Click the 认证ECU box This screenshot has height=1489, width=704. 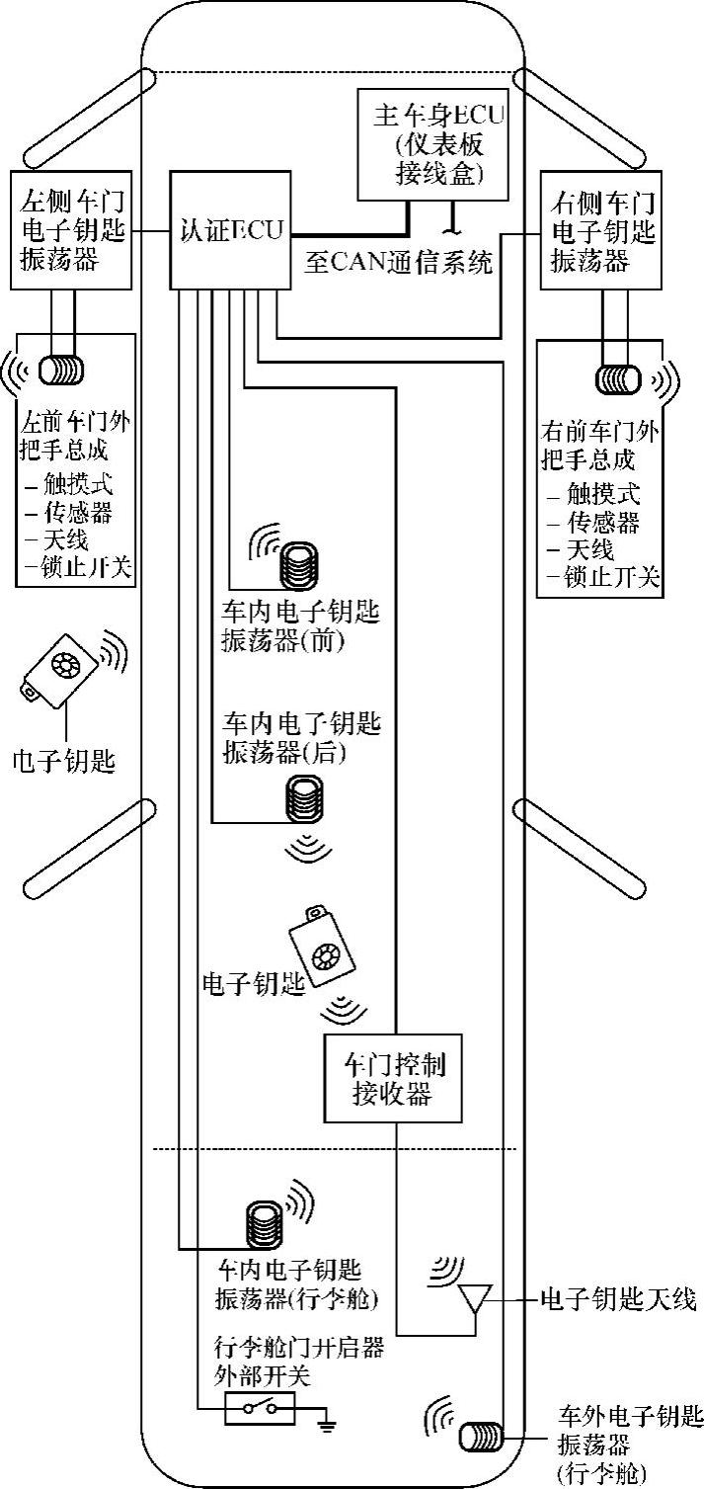coord(231,231)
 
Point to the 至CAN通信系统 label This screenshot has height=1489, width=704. coord(397,263)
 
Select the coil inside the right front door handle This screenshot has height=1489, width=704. coord(618,378)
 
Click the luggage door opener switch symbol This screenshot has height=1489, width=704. coord(260,1408)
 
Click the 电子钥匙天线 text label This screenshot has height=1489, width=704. coord(618,1298)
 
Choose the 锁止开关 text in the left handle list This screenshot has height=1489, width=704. coord(88,567)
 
